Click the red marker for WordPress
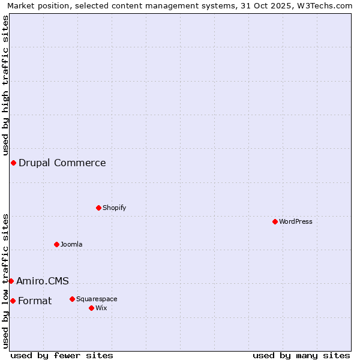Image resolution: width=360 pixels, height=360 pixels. coord(275,221)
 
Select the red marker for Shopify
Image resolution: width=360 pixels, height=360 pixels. coord(98,208)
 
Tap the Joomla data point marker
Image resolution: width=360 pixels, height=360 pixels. coord(56,244)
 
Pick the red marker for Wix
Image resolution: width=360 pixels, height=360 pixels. coord(91,308)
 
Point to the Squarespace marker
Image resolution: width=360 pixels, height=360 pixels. coord(72,299)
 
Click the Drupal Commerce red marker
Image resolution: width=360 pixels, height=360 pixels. coord(13,163)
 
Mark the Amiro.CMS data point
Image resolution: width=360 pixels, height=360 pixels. coord(11,281)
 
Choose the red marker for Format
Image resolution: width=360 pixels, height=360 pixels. coord(13,301)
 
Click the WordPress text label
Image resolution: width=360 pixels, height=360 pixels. coord(296,221)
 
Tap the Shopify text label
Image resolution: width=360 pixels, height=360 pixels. coord(114,208)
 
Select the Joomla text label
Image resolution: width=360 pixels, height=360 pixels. coord(71,244)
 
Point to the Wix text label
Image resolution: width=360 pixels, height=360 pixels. coord(101,308)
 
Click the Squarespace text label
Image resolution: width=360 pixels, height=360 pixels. coord(97,299)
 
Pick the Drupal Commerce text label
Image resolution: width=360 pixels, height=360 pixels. coord(62,163)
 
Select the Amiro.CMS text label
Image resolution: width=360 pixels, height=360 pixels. coord(43,281)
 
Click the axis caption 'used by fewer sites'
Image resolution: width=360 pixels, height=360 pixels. coord(62,355)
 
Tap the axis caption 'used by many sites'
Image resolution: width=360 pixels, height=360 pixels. coord(301,355)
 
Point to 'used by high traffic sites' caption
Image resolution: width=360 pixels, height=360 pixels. coord(6,85)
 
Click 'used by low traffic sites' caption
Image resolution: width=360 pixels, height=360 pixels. coord(6,280)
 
